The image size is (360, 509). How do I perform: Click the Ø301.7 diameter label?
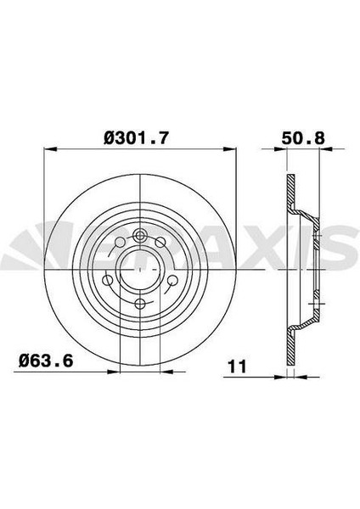tap(137, 138)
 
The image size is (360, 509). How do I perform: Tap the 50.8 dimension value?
tap(303, 138)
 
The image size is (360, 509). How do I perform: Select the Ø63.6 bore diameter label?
tap(46, 361)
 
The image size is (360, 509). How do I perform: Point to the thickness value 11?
tap(237, 366)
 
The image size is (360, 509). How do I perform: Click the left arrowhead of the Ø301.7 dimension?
tap(50, 148)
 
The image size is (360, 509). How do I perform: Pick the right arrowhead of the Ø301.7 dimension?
tap(229, 148)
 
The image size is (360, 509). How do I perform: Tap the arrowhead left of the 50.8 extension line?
tap(281, 149)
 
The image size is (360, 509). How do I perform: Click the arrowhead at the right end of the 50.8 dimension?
tap(326, 149)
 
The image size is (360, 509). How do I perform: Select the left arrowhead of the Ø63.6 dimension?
tap(114, 372)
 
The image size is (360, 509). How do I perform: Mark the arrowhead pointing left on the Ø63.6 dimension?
tap(167, 372)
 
